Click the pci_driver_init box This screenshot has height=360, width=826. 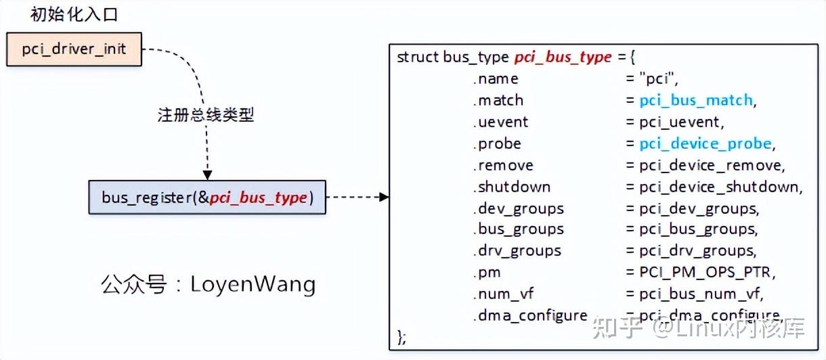[74, 50]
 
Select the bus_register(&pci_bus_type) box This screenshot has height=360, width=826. [206, 197]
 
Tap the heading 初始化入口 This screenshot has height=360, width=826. [74, 14]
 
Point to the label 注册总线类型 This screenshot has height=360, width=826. [205, 114]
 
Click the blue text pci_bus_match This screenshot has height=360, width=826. [696, 100]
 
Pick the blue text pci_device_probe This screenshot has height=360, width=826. [705, 143]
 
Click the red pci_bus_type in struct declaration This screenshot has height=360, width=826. [563, 57]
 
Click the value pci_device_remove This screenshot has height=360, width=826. [711, 165]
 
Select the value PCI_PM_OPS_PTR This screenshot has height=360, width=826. [706, 272]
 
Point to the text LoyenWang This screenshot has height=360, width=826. [253, 284]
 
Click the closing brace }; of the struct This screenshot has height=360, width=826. [402, 336]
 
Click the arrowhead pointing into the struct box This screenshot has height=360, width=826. [384, 197]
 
